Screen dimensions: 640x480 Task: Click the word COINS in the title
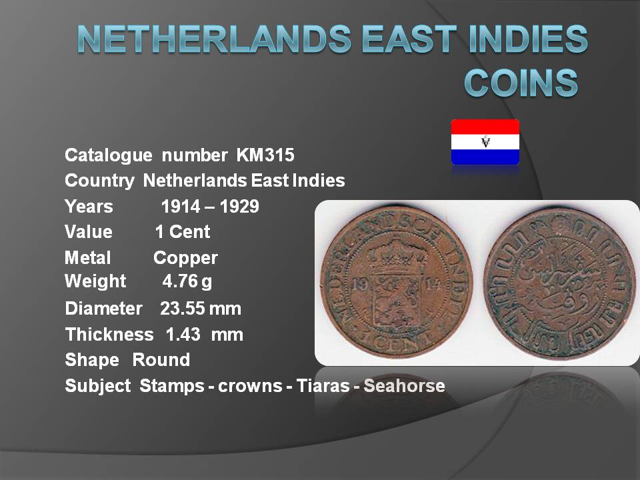521,83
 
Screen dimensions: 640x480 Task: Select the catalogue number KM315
265,155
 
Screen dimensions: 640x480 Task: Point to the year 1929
239,207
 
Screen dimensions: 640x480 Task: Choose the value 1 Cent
183,232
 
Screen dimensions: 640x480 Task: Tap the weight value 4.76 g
187,281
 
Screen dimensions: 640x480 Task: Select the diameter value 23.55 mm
201,309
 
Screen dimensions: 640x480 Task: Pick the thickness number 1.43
183,335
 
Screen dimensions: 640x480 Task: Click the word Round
161,360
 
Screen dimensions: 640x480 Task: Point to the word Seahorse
404,386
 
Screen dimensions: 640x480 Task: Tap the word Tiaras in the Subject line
323,386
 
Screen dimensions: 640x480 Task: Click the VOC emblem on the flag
485,141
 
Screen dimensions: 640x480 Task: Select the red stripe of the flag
485,127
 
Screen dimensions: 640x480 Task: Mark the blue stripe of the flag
485,157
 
